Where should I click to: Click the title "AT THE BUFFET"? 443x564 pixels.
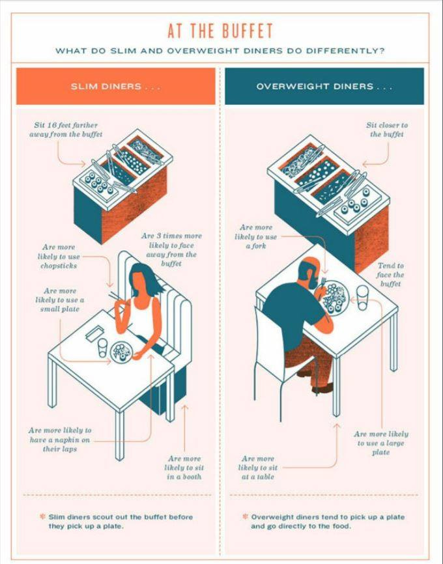point(220,31)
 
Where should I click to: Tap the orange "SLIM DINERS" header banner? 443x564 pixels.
point(116,87)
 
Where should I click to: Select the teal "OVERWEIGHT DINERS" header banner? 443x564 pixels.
point(324,87)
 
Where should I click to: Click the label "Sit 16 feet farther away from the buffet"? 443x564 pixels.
point(66,130)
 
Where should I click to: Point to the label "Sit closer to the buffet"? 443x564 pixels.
point(387,130)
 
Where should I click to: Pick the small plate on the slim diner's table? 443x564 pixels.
point(122,352)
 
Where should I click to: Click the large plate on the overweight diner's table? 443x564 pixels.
point(335,298)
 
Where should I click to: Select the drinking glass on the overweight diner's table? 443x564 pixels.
point(362,297)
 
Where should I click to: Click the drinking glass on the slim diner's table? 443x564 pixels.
point(102,348)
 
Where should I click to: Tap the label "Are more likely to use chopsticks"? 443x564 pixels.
point(59,257)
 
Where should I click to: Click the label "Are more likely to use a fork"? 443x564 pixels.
point(256,236)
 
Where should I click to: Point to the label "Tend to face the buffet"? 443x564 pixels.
point(390,275)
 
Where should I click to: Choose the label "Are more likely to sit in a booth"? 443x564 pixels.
point(184,468)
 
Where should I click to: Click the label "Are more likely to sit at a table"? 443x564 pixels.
point(258,468)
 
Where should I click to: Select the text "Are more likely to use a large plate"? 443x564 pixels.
point(381,443)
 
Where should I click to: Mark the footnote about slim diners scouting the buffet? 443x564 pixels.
point(117,522)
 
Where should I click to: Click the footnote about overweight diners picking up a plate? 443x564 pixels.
point(324,522)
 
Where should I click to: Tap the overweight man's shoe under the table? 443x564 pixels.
point(322,388)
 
